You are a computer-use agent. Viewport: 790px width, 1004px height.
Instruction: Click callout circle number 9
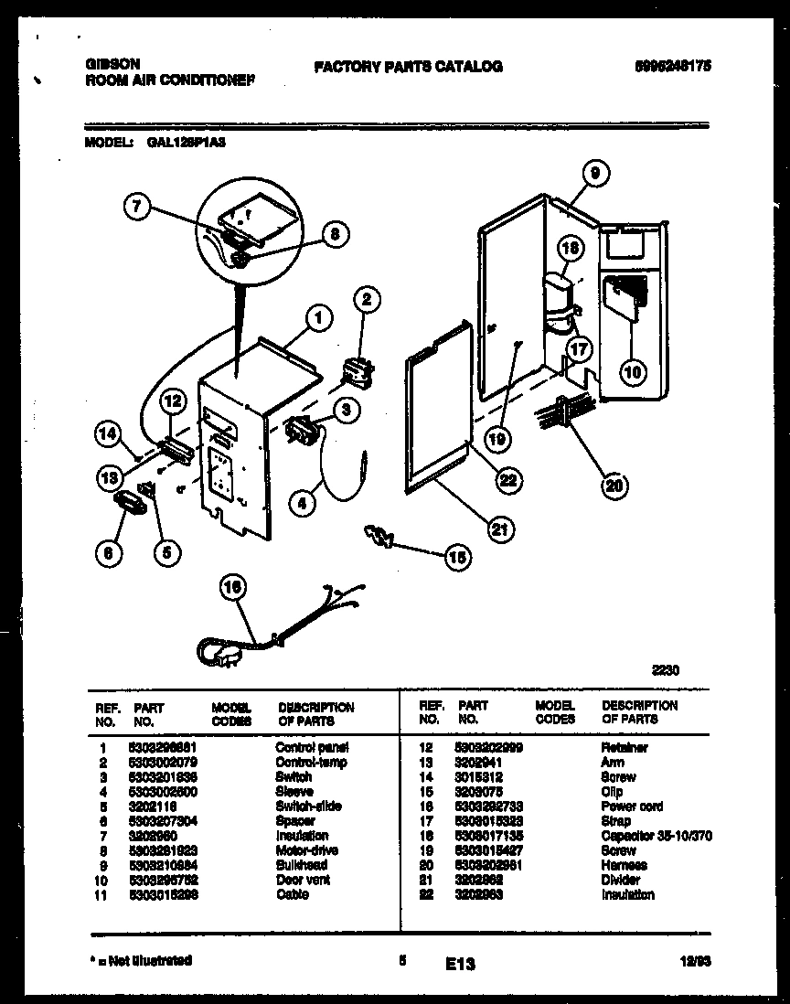[x=594, y=172]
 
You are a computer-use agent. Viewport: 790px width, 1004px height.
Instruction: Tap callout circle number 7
[x=136, y=207]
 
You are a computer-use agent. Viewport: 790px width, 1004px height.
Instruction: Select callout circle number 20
[x=614, y=486]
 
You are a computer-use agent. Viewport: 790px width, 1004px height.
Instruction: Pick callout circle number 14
[x=109, y=437]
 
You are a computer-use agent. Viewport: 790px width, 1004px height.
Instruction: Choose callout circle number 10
[x=632, y=371]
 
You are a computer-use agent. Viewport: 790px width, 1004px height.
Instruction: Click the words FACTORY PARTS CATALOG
[x=408, y=67]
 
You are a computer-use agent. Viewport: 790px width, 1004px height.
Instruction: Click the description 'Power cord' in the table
[x=632, y=806]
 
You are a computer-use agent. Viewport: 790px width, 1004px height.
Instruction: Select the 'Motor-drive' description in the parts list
[x=306, y=850]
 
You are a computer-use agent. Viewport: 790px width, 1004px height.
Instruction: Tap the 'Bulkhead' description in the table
[x=302, y=865]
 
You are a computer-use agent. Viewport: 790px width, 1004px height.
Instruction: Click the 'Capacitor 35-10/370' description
[x=657, y=836]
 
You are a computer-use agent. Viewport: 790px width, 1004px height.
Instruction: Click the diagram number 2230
[x=665, y=670]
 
